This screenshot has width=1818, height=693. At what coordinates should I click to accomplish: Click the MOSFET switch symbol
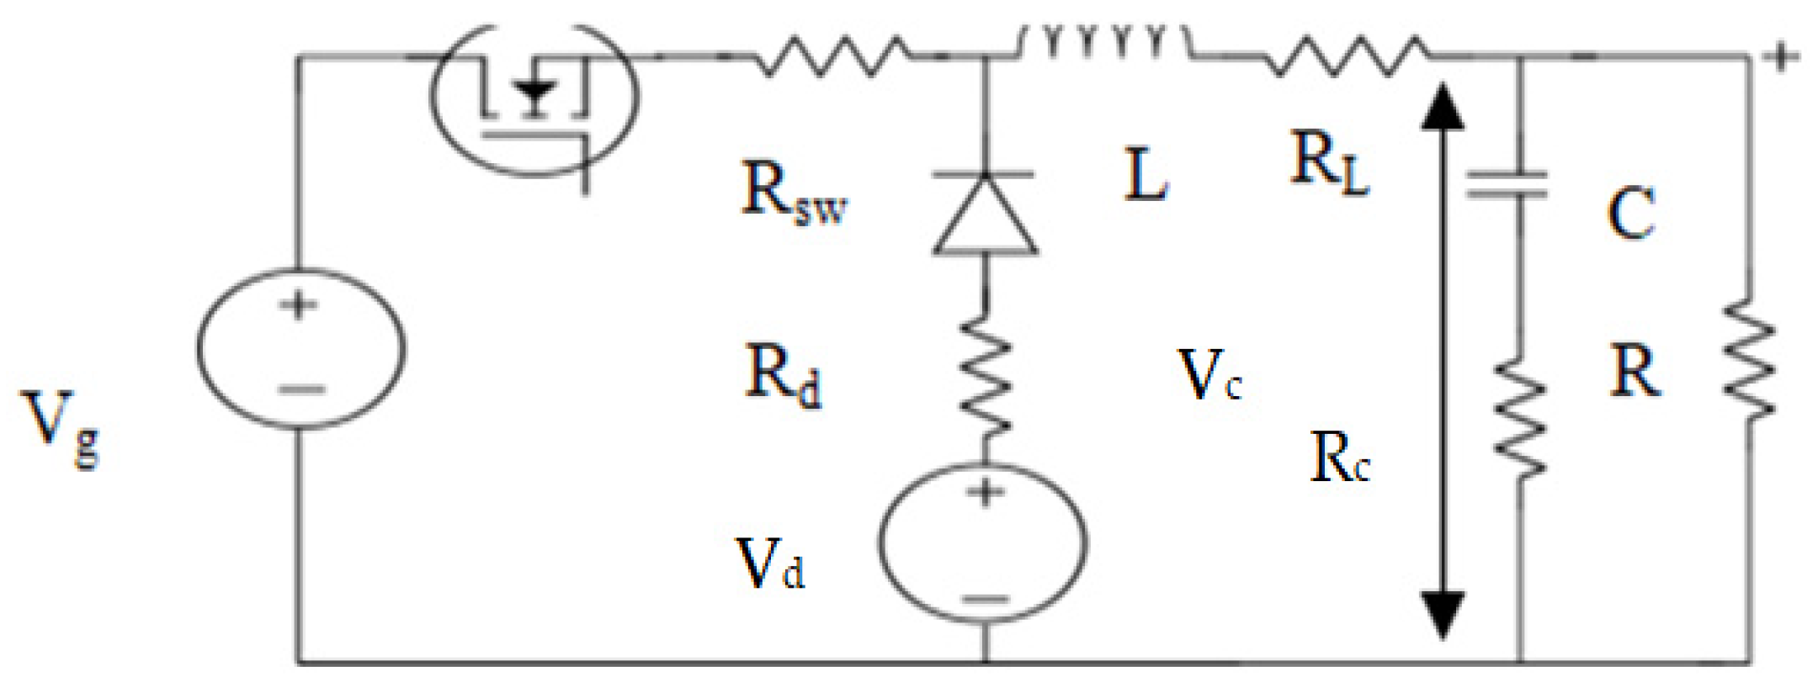pos(534,97)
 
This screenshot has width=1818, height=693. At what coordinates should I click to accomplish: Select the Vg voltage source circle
pos(300,348)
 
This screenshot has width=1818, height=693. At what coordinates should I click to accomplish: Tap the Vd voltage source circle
pos(983,543)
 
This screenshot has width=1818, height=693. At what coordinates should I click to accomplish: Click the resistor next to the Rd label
pos(985,375)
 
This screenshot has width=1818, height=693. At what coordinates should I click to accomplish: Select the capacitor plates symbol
pos(1506,184)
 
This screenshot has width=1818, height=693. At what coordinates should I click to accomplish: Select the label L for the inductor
pos(1146,175)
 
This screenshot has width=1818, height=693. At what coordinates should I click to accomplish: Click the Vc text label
pos(1209,375)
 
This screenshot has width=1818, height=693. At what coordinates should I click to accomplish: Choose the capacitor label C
pos(1630,214)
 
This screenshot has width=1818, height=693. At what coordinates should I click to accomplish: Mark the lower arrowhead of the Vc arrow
pos(1443,614)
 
